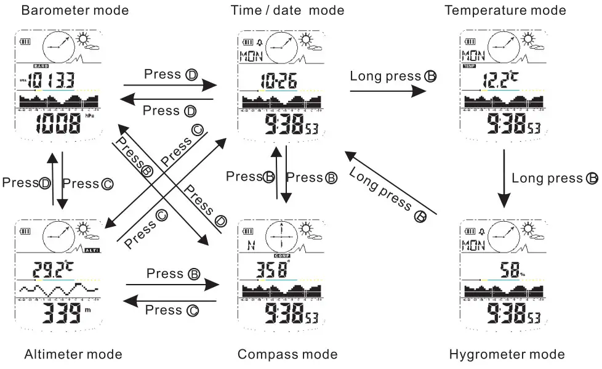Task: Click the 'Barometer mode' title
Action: coord(75,10)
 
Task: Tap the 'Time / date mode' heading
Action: coord(287,10)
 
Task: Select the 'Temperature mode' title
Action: coord(505,10)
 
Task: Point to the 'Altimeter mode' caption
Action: coord(73,354)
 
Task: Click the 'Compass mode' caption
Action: coord(287,354)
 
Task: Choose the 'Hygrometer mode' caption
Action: coord(507,354)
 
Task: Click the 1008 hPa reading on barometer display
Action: coord(59,124)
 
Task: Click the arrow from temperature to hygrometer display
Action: coord(505,179)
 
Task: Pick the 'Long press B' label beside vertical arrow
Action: coord(555,179)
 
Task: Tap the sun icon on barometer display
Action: coord(85,41)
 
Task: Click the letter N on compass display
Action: coord(251,245)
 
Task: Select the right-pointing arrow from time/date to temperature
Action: coord(388,91)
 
